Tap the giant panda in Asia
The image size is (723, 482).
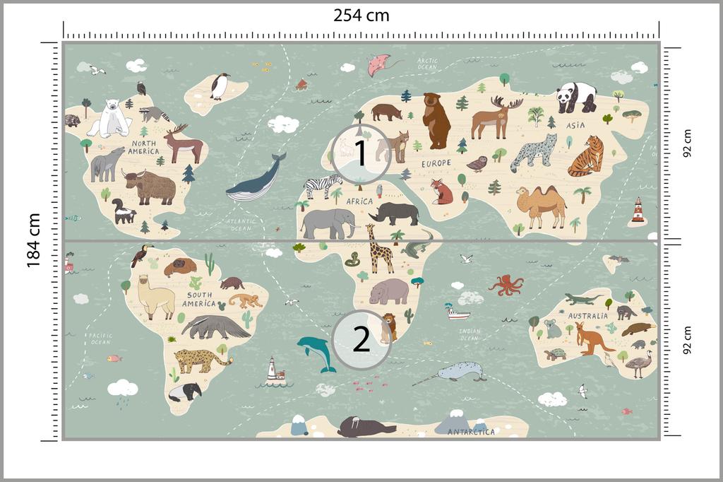click(576, 97)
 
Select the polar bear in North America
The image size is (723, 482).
click(111, 118)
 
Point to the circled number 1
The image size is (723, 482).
click(361, 153)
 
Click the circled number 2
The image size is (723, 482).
click(361, 339)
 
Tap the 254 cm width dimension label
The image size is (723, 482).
click(361, 15)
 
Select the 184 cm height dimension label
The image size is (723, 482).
click(33, 240)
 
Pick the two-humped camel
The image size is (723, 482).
click(541, 205)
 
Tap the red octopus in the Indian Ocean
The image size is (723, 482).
click(506, 284)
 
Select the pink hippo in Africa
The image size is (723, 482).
click(388, 290)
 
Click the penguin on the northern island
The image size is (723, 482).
click(220, 86)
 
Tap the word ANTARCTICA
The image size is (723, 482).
click(471, 432)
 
